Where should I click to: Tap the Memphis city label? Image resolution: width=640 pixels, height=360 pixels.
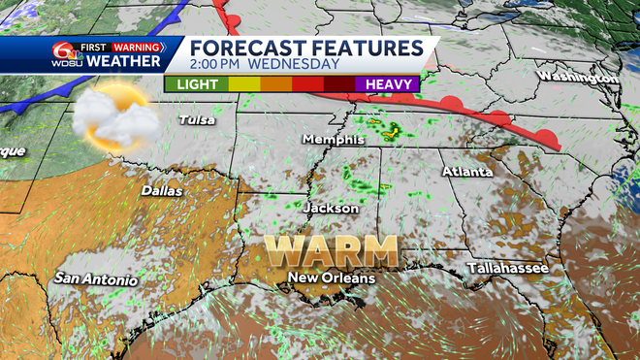pos(332,140)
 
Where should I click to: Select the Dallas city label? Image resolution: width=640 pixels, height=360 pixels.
pos(161,191)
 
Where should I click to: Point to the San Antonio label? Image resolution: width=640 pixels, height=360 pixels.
pos(95,279)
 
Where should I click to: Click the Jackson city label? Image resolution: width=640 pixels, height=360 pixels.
pos(331,209)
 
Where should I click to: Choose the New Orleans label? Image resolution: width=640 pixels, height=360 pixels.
pos(331,279)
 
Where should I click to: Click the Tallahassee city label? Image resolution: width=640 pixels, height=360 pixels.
pos(507,268)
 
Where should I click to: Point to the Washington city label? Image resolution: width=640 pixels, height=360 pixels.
pos(579,77)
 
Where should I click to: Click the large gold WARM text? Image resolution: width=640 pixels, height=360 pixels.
pos(333,250)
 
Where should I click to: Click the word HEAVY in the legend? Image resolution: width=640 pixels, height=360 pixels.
pos(387,84)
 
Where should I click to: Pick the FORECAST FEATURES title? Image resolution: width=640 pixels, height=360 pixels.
pos(305,48)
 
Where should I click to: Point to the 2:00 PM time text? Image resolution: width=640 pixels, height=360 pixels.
pos(219,65)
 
